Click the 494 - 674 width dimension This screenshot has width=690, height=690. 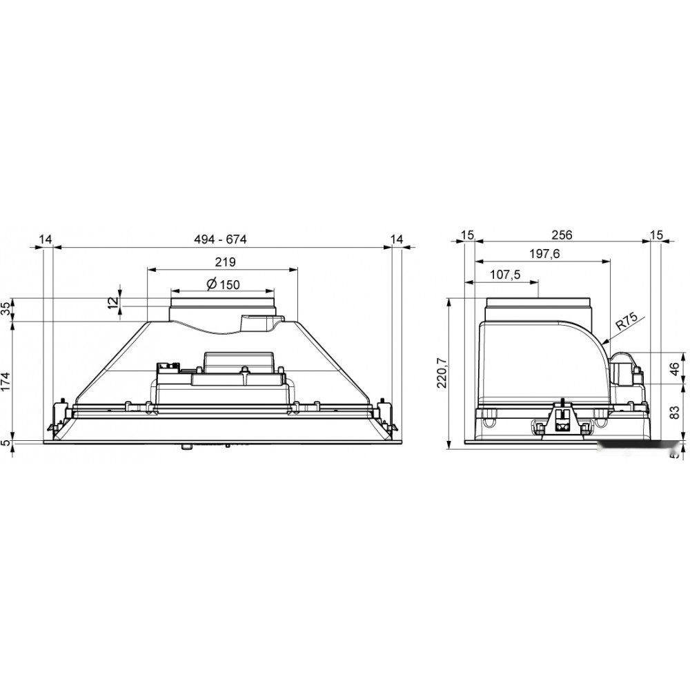coord(221,239)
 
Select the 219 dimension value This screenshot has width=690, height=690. coord(226,262)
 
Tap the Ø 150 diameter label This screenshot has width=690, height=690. coord(224,284)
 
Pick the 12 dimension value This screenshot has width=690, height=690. coord(113,303)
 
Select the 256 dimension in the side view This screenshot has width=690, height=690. coord(562,235)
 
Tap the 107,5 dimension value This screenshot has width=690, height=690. coord(505,275)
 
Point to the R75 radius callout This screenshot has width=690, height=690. coord(627,324)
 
